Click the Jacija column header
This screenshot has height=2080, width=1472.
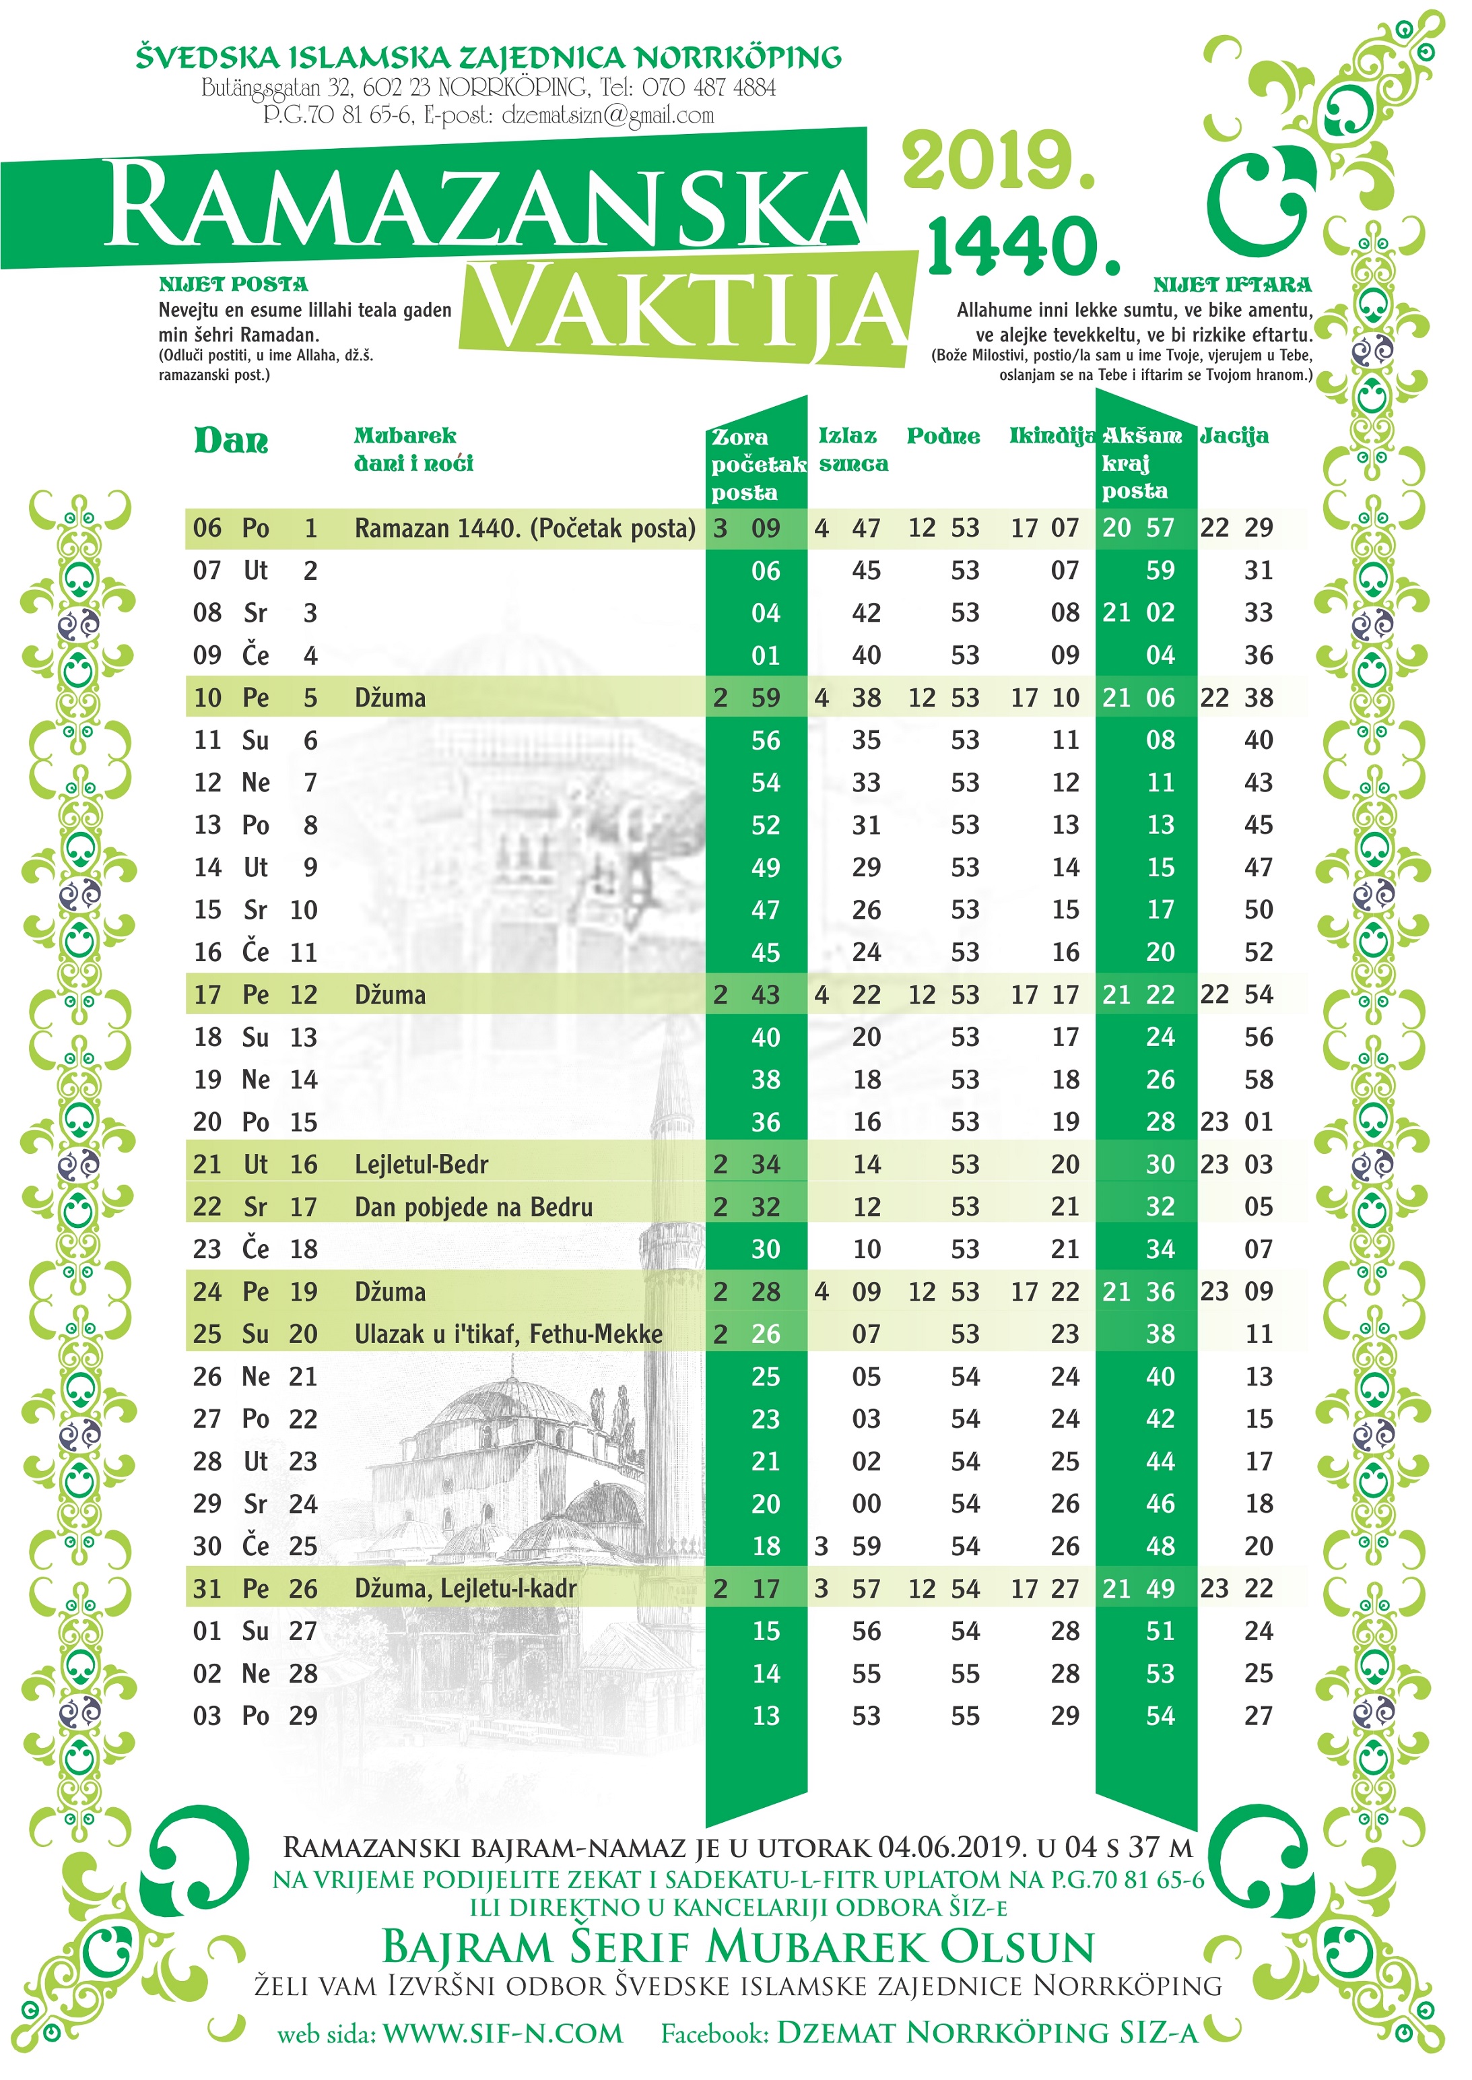point(1234,436)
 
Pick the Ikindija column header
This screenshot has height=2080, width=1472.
point(1051,436)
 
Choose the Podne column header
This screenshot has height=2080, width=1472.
point(943,436)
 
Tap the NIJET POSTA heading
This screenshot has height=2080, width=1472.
point(233,285)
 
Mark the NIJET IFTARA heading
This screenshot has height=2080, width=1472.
point(1232,285)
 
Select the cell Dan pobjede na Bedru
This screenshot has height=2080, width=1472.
point(473,1207)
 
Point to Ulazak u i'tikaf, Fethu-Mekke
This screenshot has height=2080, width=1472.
point(508,1334)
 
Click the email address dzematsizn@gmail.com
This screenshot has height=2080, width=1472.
point(607,115)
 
